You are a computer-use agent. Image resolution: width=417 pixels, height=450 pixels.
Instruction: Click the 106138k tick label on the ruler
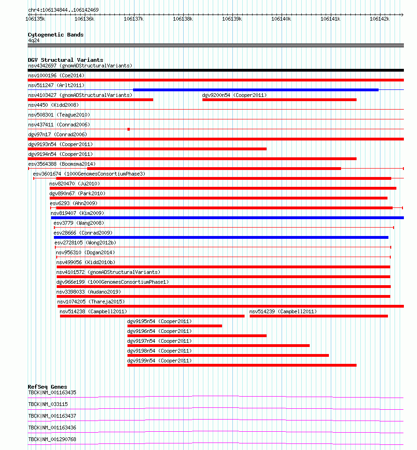click(x=183, y=19)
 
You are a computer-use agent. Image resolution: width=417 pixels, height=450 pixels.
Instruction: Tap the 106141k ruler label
click(x=330, y=19)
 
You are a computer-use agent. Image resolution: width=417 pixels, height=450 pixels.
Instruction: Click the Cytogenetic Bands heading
click(x=55, y=35)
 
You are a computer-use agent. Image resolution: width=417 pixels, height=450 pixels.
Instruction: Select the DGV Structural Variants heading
click(x=65, y=60)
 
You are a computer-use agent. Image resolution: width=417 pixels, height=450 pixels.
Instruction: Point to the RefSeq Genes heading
click(x=47, y=387)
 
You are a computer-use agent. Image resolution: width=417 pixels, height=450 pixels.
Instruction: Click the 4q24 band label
click(x=33, y=41)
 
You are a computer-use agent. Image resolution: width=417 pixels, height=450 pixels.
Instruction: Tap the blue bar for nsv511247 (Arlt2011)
click(x=255, y=90)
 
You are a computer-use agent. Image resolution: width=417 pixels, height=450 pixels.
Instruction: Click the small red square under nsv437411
click(x=128, y=129)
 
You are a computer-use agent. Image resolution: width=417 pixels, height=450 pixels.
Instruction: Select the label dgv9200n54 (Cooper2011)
click(x=234, y=95)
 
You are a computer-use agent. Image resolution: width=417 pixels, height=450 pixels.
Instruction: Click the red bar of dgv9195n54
click(x=174, y=326)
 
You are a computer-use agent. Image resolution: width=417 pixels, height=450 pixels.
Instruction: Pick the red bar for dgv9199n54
click(x=242, y=365)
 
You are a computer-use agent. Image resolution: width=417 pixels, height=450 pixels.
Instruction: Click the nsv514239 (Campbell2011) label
click(x=283, y=311)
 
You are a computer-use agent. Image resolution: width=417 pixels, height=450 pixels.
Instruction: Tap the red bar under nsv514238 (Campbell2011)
click(x=152, y=316)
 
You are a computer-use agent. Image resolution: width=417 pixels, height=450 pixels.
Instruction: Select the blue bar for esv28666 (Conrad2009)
click(x=221, y=237)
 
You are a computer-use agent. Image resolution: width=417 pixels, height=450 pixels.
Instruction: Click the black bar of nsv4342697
click(x=216, y=70)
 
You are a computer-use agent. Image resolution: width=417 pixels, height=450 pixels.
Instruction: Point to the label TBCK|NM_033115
click(x=48, y=404)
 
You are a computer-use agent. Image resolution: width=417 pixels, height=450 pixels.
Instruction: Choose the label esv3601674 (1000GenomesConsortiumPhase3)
click(x=89, y=174)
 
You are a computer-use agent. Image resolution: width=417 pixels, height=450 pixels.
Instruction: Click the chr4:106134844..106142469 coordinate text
click(x=63, y=10)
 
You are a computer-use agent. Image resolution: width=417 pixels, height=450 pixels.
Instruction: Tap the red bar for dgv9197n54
click(x=218, y=346)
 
